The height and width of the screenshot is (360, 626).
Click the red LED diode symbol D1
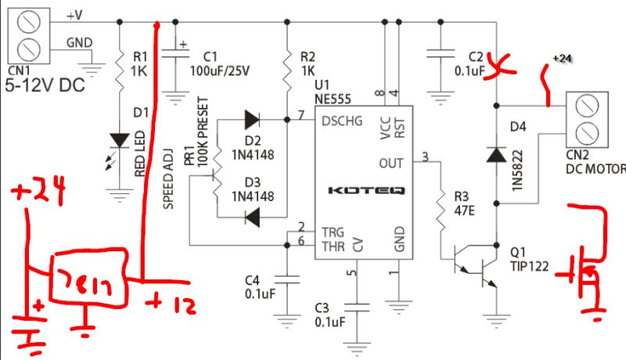119,140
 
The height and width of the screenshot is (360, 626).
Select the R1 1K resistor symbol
119,68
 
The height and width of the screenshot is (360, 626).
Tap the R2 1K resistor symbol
287,68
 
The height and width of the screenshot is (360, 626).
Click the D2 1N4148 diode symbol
252,120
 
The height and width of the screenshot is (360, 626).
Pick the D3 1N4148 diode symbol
252,218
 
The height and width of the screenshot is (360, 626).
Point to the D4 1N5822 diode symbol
495,155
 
